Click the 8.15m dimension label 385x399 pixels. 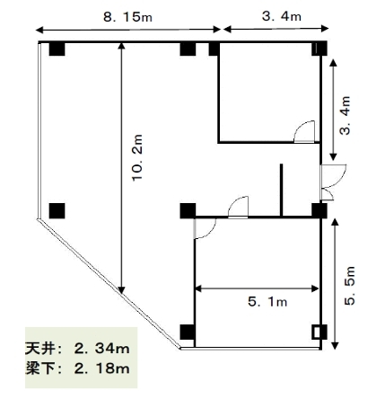tap(127, 17)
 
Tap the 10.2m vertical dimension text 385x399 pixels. tap(137, 157)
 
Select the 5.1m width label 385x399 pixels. tap(267, 302)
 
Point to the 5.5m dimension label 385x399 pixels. tap(349, 286)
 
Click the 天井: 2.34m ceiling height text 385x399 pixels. tap(77, 349)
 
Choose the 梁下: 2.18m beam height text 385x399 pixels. tap(77, 368)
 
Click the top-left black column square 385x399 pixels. tap(57, 49)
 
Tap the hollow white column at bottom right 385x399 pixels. tap(316, 332)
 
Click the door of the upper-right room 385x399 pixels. tap(304, 131)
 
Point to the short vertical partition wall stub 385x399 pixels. tap(281, 190)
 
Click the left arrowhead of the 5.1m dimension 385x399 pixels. tap(198, 288)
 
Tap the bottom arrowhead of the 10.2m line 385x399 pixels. tap(121, 290)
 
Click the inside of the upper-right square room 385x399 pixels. tap(269, 93)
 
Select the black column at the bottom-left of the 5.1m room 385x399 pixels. tap(188, 332)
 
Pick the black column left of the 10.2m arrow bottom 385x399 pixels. tap(57, 210)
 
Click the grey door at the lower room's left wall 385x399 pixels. tap(205, 228)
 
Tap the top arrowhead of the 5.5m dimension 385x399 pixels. tap(335, 222)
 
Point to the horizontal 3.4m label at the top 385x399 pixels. tap(282, 16)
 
